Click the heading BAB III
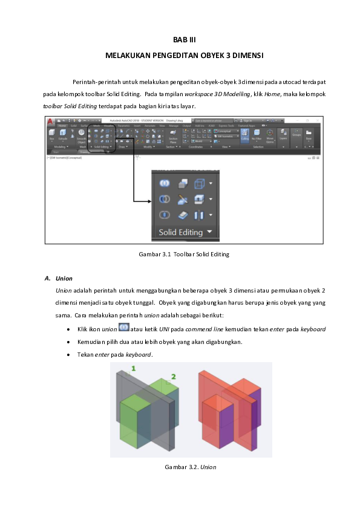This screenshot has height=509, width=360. coord(180,40)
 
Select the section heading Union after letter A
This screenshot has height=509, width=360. coord(64,279)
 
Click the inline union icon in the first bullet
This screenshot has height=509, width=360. coord(124,328)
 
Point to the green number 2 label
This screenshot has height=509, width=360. coord(173,377)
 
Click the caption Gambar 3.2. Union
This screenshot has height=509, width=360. coord(190,467)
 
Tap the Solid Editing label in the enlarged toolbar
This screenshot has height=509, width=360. coord(181,232)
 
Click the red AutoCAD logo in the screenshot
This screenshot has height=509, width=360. coord(50,121)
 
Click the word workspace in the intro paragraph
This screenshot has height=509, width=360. coord(202,94)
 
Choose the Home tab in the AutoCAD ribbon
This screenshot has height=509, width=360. coord(62,126)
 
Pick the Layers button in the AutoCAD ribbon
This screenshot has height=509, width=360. coord(283,136)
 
